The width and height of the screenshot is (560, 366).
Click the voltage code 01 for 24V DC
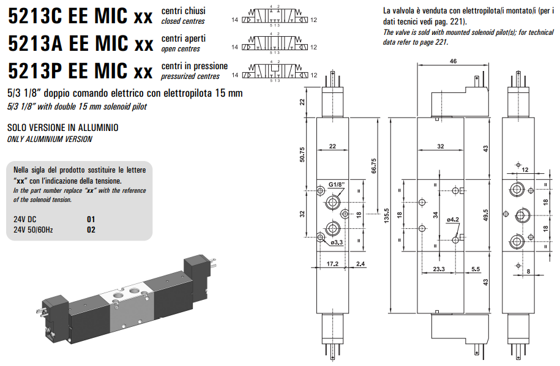(91, 219)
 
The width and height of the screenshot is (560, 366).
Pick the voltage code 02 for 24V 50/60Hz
(91, 230)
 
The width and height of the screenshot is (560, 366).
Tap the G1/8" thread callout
(337, 184)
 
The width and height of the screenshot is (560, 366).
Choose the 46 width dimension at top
(453, 61)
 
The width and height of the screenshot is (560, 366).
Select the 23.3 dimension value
(438, 269)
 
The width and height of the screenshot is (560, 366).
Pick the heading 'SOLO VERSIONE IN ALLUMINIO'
(62, 128)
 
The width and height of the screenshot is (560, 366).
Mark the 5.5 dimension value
(476, 269)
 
